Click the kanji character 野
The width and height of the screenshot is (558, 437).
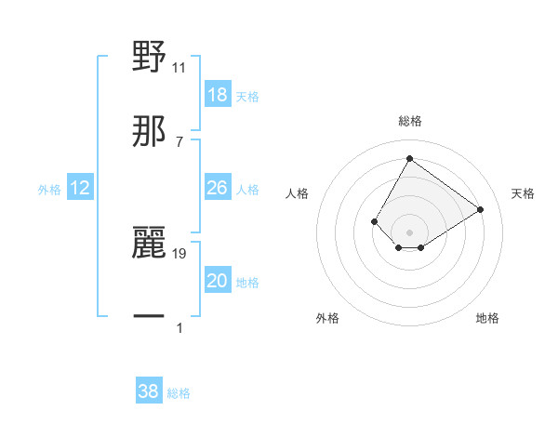coord(149,57)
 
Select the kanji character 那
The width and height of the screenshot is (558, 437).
coord(149,131)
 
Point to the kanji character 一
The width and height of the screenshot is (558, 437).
coord(149,317)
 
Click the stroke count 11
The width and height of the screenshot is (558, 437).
coord(179,67)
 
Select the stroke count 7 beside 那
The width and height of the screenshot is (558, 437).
coord(179,141)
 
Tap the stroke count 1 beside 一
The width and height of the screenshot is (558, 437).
coord(179,327)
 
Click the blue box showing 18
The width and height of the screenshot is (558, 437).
coord(217,95)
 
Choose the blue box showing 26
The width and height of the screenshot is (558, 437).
coord(217,189)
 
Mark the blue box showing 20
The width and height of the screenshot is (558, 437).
coord(217,282)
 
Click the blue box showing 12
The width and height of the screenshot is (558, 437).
coord(80,189)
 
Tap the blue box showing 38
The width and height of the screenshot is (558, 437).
coord(149,391)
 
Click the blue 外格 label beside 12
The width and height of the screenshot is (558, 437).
coord(49,190)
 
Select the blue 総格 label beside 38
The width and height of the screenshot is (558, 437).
coord(179,393)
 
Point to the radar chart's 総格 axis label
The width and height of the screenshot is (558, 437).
coord(409,121)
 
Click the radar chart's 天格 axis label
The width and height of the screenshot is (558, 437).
coord(524,193)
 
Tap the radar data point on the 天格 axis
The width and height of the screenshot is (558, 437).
coord(480,209)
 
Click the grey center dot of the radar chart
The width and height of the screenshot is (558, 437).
coord(409,232)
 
